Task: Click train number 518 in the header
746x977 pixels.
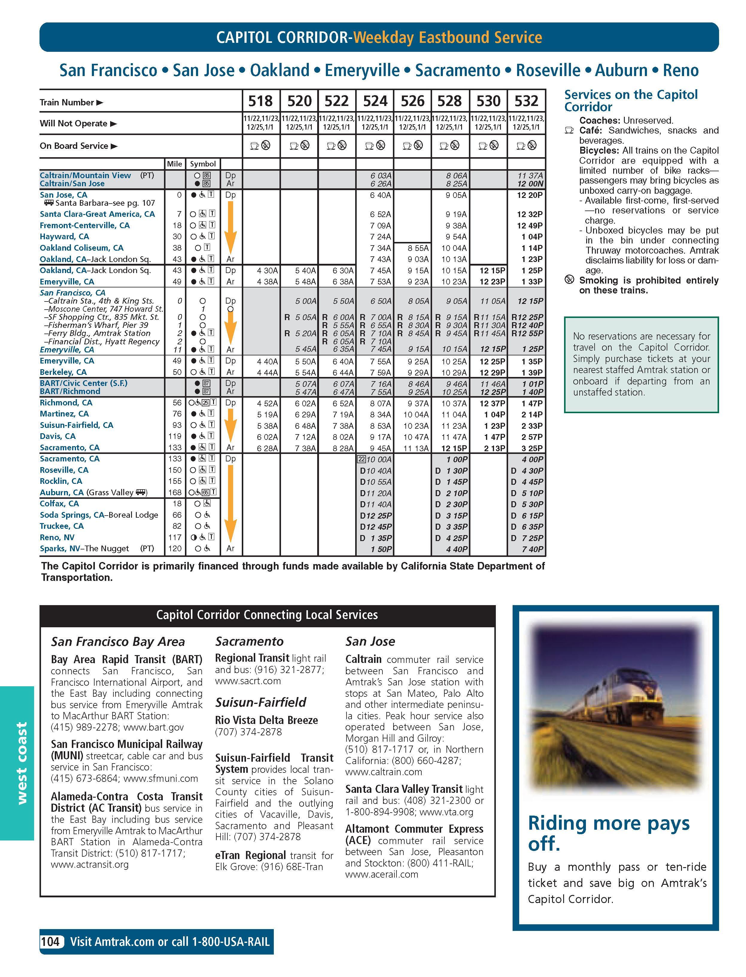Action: click(x=260, y=101)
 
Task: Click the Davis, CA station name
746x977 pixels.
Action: click(x=58, y=436)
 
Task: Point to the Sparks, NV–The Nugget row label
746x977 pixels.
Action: click(x=84, y=549)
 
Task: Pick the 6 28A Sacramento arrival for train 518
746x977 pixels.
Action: click(x=267, y=448)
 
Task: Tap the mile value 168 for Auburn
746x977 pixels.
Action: click(x=175, y=492)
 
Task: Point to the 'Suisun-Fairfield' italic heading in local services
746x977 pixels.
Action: click(x=261, y=702)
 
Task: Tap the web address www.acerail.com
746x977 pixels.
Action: click(x=382, y=874)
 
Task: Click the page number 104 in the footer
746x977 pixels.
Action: click(x=50, y=942)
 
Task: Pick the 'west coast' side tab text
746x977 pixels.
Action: click(x=21, y=763)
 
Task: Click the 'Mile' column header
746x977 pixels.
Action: click(x=174, y=164)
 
